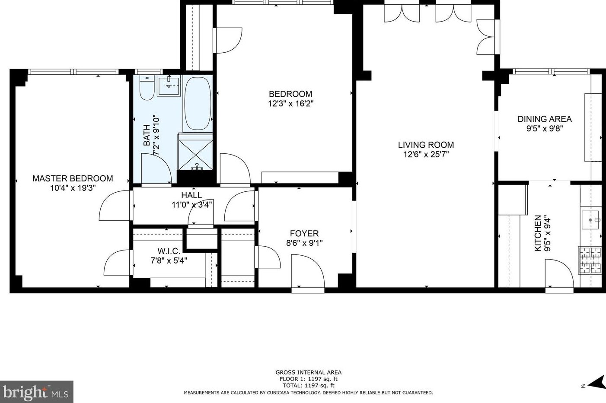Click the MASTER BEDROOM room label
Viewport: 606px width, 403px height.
tap(73, 178)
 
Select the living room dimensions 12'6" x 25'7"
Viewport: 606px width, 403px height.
tap(426, 155)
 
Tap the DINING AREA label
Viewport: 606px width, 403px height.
tap(544, 119)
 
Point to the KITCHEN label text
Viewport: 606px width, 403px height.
tap(538, 233)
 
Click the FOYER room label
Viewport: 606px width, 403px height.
tap(304, 233)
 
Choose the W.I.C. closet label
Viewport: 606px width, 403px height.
tap(169, 251)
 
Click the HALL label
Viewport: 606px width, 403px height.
tap(191, 195)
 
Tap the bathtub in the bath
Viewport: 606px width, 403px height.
tap(198, 104)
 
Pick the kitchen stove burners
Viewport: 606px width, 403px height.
tap(590, 260)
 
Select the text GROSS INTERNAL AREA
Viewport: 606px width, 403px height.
tap(308, 372)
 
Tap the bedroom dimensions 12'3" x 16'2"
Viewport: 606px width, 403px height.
tap(290, 104)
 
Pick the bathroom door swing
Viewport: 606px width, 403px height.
tap(156, 170)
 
